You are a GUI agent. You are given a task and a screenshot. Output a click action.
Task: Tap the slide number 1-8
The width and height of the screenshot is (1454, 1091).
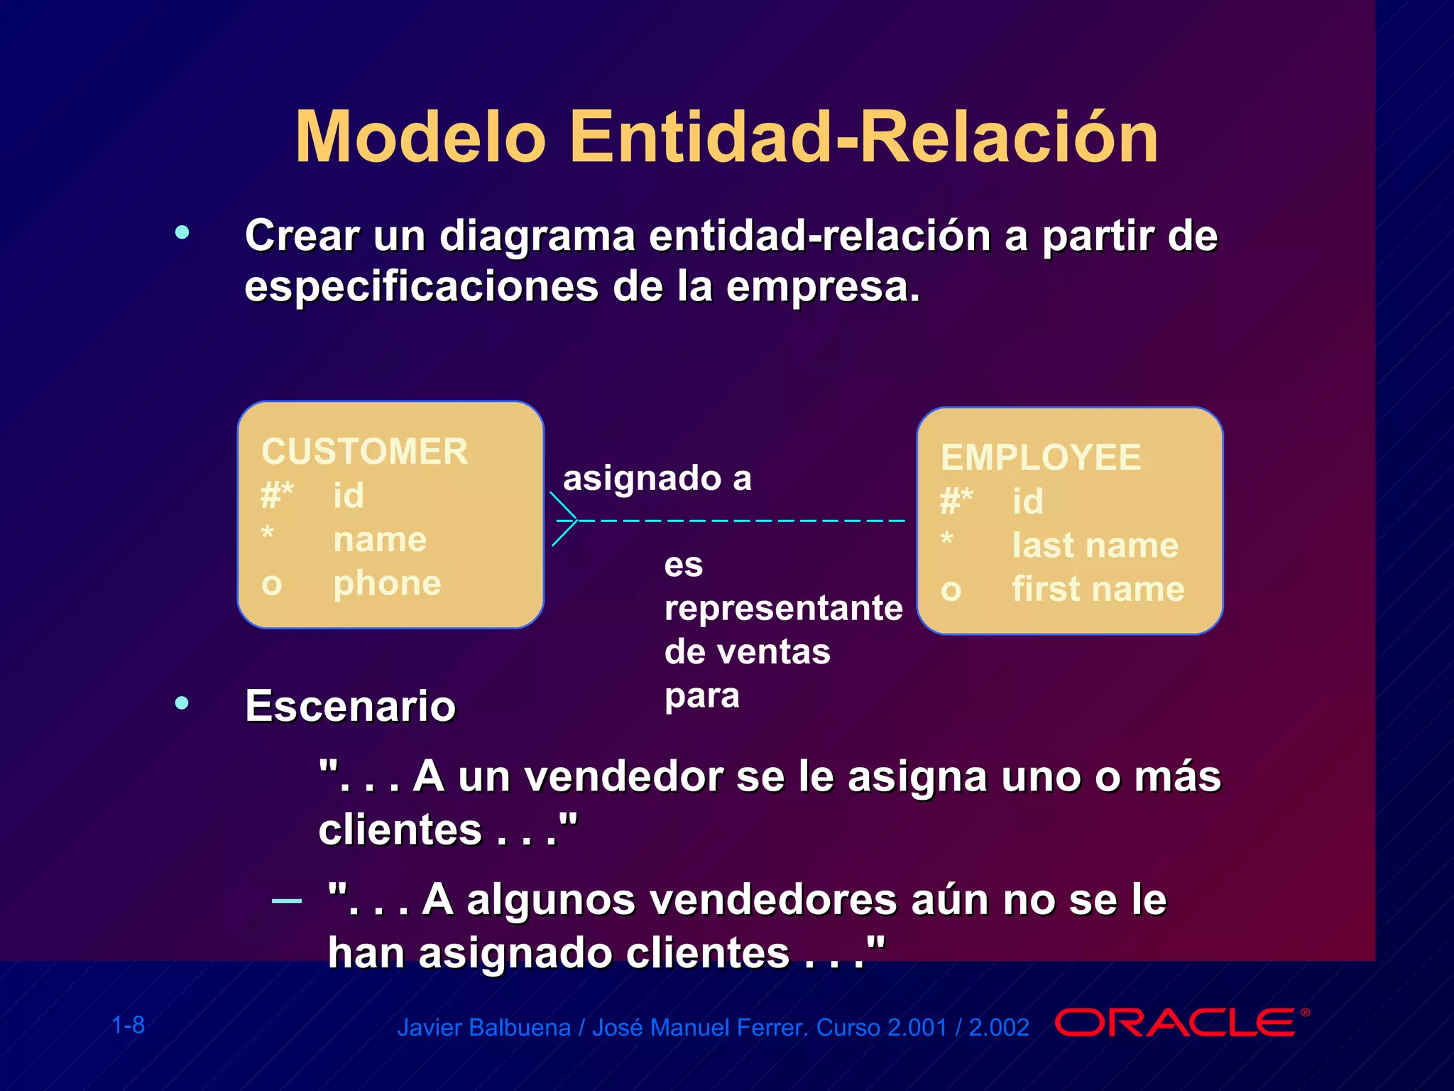[x=129, y=1025]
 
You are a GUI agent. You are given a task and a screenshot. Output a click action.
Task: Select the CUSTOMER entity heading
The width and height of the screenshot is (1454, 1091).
[x=365, y=452]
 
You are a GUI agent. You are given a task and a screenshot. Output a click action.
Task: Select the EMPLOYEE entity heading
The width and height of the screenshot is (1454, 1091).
[x=1041, y=457]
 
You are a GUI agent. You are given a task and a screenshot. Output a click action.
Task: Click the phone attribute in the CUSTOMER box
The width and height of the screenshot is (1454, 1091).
[x=387, y=583]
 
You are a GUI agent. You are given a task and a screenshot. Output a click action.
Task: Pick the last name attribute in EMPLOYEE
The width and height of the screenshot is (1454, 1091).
[x=1095, y=545]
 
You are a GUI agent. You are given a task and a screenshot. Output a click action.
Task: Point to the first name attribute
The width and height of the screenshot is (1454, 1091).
[x=1098, y=589]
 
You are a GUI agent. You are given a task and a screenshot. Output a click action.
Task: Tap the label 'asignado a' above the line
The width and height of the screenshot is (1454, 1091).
[x=657, y=478]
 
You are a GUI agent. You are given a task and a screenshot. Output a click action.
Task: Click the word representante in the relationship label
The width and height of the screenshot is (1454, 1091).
[x=783, y=608]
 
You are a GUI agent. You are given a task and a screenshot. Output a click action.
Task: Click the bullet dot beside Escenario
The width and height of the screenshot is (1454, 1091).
[x=182, y=703]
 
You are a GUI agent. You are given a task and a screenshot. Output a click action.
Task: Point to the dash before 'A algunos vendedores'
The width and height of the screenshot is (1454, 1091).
[x=287, y=901]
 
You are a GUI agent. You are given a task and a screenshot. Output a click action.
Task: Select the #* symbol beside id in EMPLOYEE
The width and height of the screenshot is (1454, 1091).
[x=956, y=501]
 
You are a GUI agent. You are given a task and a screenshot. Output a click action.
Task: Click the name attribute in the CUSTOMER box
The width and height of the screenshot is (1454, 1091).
[x=380, y=540]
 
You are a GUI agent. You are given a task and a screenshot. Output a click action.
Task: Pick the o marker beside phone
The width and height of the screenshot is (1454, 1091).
[x=272, y=585]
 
